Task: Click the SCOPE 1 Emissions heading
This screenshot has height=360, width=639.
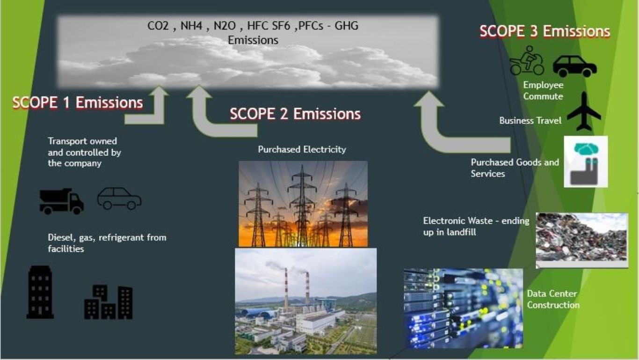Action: tap(78, 103)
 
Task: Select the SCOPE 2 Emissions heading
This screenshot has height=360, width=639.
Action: tap(295, 114)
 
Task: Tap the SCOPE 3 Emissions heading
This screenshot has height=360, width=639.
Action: tap(545, 31)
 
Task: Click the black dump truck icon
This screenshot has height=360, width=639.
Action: tap(62, 201)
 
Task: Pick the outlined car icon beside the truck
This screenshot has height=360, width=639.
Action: tap(119, 198)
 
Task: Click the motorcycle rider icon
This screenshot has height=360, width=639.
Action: tap(527, 60)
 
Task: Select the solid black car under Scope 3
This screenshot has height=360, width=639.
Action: tap(574, 66)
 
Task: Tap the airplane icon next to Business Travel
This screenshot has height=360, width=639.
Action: tap(584, 111)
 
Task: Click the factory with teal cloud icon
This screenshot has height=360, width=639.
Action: tap(586, 162)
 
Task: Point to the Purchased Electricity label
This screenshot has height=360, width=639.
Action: tap(302, 149)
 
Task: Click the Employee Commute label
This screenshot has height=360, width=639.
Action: tap(543, 90)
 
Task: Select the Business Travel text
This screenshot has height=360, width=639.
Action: tap(530, 120)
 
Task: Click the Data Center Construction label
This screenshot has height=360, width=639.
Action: tap(553, 299)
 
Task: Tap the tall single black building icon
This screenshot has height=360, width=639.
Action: tap(40, 292)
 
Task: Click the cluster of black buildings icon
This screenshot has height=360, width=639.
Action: tap(109, 302)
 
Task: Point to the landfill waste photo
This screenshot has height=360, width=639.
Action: tap(582, 240)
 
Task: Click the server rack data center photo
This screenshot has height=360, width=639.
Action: tap(463, 309)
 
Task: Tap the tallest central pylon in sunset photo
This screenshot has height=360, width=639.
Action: tap(302, 206)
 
